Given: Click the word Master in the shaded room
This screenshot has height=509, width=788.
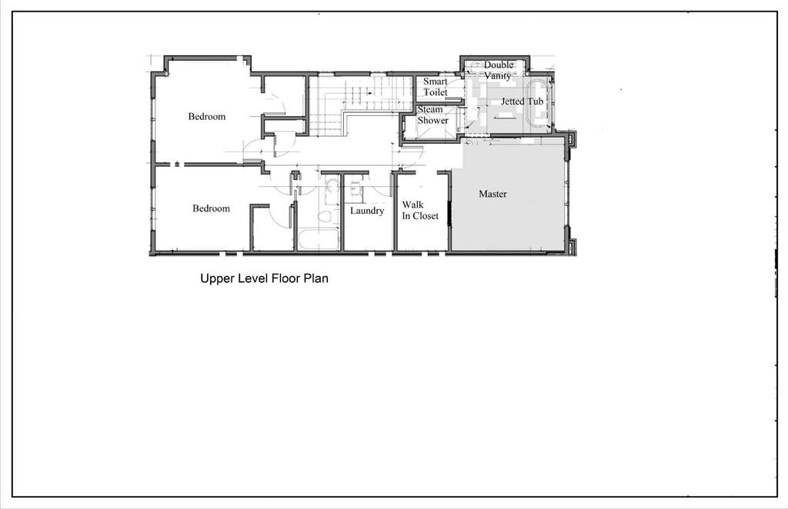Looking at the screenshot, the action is point(492,194).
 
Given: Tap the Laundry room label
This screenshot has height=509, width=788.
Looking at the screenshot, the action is point(367,211).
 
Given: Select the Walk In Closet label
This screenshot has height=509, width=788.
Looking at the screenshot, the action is point(420,211).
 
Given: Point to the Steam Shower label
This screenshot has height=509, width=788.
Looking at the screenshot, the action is point(432,115).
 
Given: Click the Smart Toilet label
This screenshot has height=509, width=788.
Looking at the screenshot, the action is point(436,87).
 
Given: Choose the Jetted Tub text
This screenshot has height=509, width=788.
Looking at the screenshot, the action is point(523,101).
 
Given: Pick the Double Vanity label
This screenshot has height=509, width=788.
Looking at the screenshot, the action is point(498,70).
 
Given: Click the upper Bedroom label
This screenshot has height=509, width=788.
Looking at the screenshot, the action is point(206,116).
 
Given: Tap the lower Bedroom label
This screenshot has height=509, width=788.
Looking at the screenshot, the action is point(211,208).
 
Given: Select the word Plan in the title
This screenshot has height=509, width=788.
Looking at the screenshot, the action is point(315,278).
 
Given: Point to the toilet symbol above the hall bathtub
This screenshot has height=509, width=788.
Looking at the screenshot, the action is point(324,217).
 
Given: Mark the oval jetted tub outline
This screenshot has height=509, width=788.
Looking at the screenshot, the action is point(539,103).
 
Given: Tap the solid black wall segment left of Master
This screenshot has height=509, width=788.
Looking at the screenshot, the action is point(449,213).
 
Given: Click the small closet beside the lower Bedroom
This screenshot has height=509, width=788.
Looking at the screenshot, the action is point(272,228).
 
